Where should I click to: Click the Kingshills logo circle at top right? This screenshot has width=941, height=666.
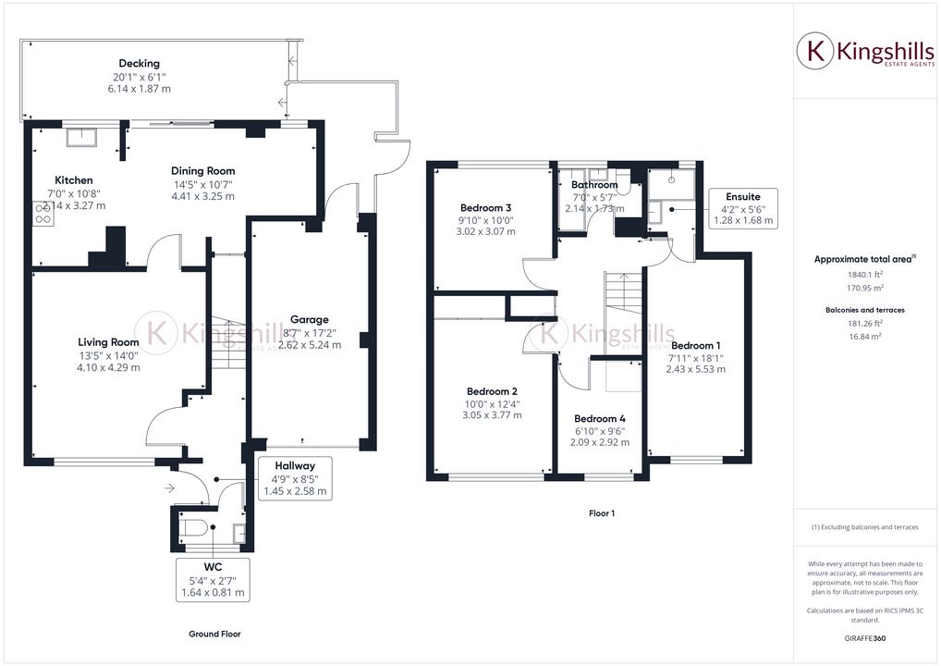tap(816, 52)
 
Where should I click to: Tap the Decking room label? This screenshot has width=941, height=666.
tap(139, 64)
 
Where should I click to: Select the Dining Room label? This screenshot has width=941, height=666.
tap(203, 171)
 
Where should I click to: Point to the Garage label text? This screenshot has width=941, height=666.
tap(310, 320)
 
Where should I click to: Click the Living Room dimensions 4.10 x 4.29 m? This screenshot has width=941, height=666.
tap(109, 367)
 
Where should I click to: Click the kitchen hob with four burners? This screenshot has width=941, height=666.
tap(43, 215)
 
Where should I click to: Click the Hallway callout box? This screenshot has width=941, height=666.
tap(293, 478)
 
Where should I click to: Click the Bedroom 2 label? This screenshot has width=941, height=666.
tap(491, 390)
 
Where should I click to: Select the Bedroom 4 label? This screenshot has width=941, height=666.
tap(600, 418)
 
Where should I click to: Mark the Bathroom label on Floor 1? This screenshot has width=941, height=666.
tap(593, 185)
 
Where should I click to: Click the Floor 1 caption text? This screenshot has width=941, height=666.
tap(602, 512)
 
